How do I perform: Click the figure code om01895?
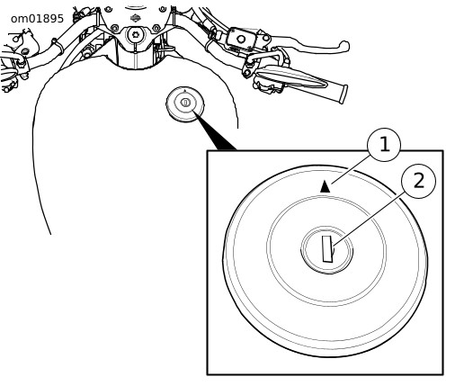pyautogui.click(x=37, y=19)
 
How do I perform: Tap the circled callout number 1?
pyautogui.click(x=384, y=145)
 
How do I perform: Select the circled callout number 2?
pyautogui.click(x=419, y=181)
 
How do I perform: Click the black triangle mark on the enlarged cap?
pyautogui.click(x=325, y=186)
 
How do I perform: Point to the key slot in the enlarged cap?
pyautogui.click(x=327, y=249)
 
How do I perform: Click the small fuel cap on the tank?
pyautogui.click(x=185, y=104)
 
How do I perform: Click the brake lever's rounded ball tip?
pyautogui.click(x=343, y=46)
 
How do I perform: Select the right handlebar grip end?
pyautogui.click(x=343, y=94)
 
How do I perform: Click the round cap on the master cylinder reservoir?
pyautogui.click(x=240, y=39)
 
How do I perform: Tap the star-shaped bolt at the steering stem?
pyautogui.click(x=136, y=34)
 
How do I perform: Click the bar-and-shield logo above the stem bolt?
pyautogui.click(x=136, y=18)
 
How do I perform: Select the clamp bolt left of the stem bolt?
pyautogui.click(x=114, y=29)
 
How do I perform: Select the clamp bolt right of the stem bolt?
pyautogui.click(x=156, y=29)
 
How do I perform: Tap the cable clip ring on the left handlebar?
pyautogui.click(x=58, y=45)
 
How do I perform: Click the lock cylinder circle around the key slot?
pyautogui.click(x=327, y=250)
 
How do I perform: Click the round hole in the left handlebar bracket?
pyautogui.click(x=16, y=39)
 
